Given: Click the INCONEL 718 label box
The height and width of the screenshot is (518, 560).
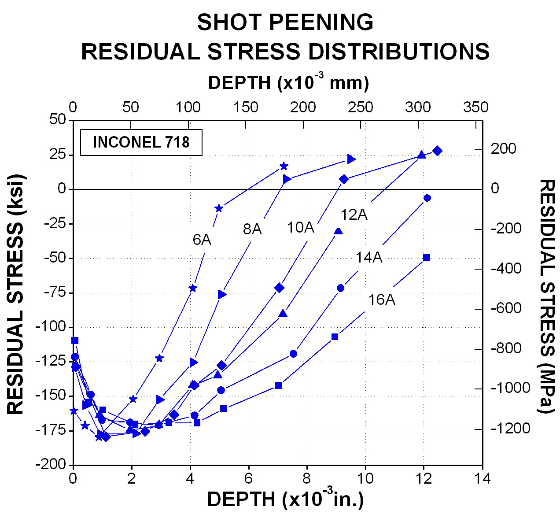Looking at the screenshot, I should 141,142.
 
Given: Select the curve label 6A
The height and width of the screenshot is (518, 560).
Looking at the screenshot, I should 202,240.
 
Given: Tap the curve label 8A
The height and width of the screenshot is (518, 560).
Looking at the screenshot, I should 252,229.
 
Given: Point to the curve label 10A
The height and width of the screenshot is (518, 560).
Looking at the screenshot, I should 300,227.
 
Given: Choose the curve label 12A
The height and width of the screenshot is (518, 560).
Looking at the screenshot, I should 354,215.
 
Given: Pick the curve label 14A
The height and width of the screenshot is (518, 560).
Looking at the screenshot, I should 369,257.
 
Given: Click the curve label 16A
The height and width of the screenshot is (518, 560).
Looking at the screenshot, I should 381,300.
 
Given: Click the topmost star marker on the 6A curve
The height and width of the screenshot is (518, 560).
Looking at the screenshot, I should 284,166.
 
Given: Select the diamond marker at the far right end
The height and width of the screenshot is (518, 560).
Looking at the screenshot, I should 437,151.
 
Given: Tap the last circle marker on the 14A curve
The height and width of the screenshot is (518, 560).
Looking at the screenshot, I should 427,198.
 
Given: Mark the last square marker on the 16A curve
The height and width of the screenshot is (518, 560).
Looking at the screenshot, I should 426,258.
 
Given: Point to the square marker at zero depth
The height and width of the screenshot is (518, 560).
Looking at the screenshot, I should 75,340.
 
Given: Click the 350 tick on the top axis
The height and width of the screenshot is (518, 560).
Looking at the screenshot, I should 476,107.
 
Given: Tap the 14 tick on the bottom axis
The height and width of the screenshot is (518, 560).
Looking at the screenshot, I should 483,478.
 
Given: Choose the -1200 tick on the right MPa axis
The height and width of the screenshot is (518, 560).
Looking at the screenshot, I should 511,428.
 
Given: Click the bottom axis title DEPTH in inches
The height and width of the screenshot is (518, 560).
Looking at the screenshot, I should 285,499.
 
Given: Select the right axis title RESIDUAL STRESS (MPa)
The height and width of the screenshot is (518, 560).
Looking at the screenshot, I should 547,296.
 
